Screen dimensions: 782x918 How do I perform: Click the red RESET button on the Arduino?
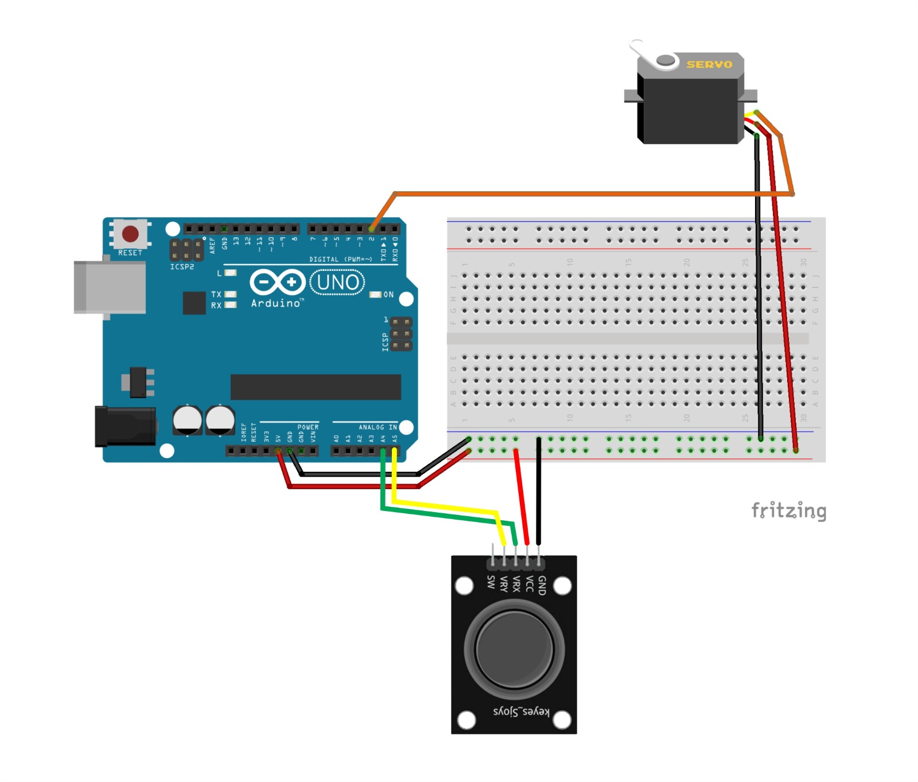click(x=130, y=234)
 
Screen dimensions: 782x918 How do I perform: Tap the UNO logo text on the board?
click(x=337, y=282)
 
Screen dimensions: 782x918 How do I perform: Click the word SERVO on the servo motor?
click(x=709, y=64)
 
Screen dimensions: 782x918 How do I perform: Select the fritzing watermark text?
click(x=789, y=510)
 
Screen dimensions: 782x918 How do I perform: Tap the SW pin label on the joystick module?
click(x=491, y=582)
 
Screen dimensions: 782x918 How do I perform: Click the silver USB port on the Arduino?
click(x=109, y=287)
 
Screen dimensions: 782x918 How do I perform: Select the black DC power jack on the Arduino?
click(x=125, y=426)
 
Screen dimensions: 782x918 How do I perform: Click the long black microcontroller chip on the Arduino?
click(x=316, y=387)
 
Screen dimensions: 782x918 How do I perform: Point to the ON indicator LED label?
click(x=388, y=295)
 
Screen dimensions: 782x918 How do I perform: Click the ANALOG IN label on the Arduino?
click(x=378, y=427)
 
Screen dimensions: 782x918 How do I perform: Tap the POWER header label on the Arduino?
click(x=308, y=427)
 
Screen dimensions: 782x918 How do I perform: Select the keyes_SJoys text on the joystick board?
click(x=521, y=711)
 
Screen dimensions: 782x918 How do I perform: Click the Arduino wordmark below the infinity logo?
click(x=275, y=303)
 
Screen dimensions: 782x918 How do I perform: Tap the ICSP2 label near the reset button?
click(x=182, y=267)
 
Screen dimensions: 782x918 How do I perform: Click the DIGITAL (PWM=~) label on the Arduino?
click(x=340, y=260)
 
